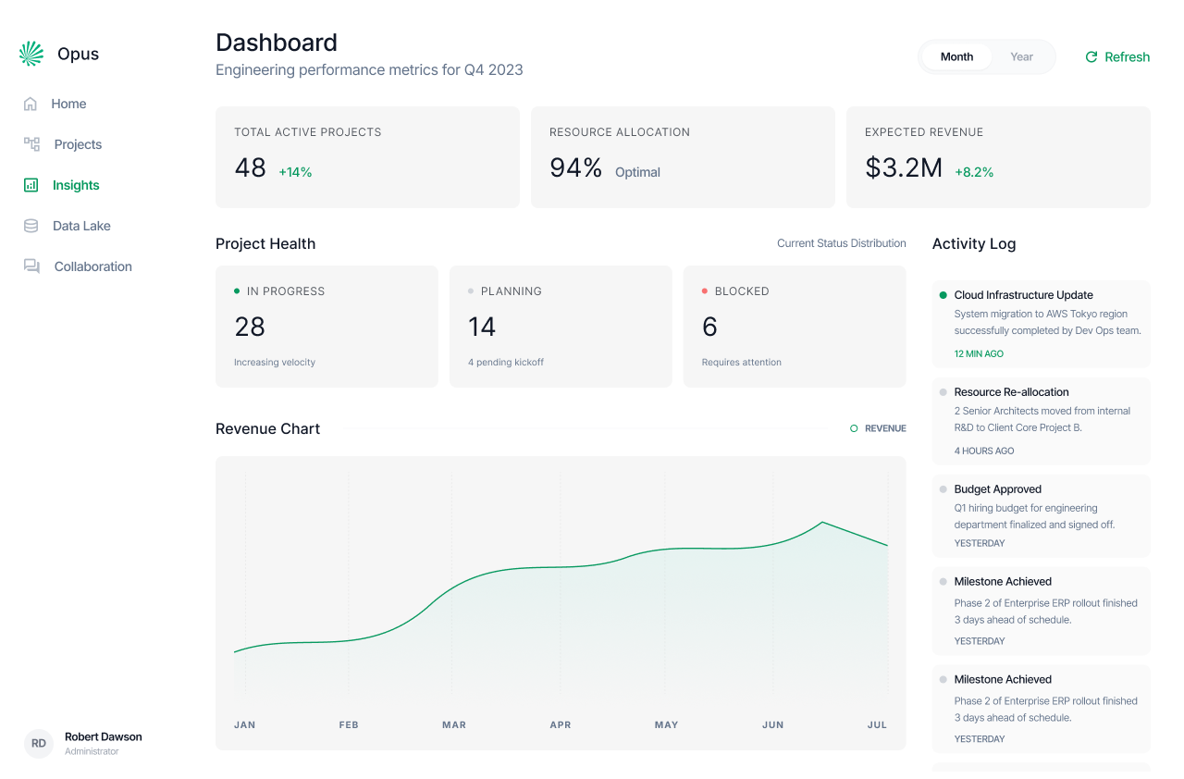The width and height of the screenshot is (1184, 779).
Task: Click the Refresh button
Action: pyautogui.click(x=1116, y=57)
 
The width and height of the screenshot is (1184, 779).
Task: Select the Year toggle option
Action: pyautogui.click(x=1021, y=57)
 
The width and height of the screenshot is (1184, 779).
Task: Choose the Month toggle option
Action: pyautogui.click(x=956, y=57)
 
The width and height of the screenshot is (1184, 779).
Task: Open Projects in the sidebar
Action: pyautogui.click(x=78, y=144)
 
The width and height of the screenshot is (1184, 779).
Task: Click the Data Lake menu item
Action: pyautogui.click(x=81, y=226)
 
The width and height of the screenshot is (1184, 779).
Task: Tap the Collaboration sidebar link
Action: pyautogui.click(x=92, y=266)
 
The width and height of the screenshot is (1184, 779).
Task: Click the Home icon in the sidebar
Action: pyautogui.click(x=31, y=104)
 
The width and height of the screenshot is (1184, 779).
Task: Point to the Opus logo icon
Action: pyautogui.click(x=31, y=54)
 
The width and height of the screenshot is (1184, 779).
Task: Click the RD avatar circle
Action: pyautogui.click(x=39, y=743)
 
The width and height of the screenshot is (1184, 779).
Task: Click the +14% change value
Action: pyautogui.click(x=295, y=172)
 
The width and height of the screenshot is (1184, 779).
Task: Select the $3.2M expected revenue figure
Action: pyautogui.click(x=903, y=167)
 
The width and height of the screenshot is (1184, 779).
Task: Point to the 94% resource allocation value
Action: pyautogui.click(x=575, y=167)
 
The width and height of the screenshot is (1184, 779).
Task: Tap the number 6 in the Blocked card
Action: pyautogui.click(x=709, y=327)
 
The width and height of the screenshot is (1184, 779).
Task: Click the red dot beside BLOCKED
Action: pyautogui.click(x=705, y=291)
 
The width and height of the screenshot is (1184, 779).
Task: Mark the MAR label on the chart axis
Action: pyautogui.click(x=454, y=724)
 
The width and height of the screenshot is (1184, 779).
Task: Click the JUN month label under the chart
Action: pyautogui.click(x=772, y=724)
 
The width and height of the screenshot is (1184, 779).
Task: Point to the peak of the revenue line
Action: pyautogui.click(x=821, y=523)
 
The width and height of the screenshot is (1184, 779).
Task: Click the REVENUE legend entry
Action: pyautogui.click(x=878, y=428)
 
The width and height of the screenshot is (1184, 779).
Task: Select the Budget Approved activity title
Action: pyautogui.click(x=997, y=489)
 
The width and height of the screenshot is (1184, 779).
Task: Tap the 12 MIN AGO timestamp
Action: pyautogui.click(x=979, y=353)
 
